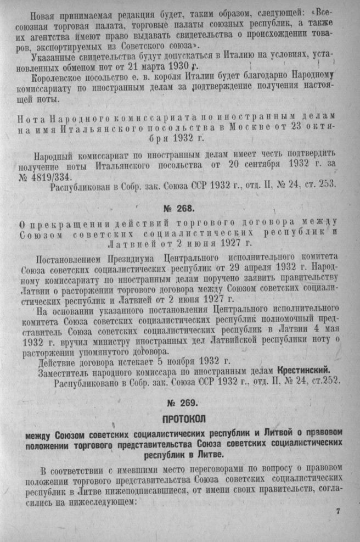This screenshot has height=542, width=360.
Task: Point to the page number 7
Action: point(338,512)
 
